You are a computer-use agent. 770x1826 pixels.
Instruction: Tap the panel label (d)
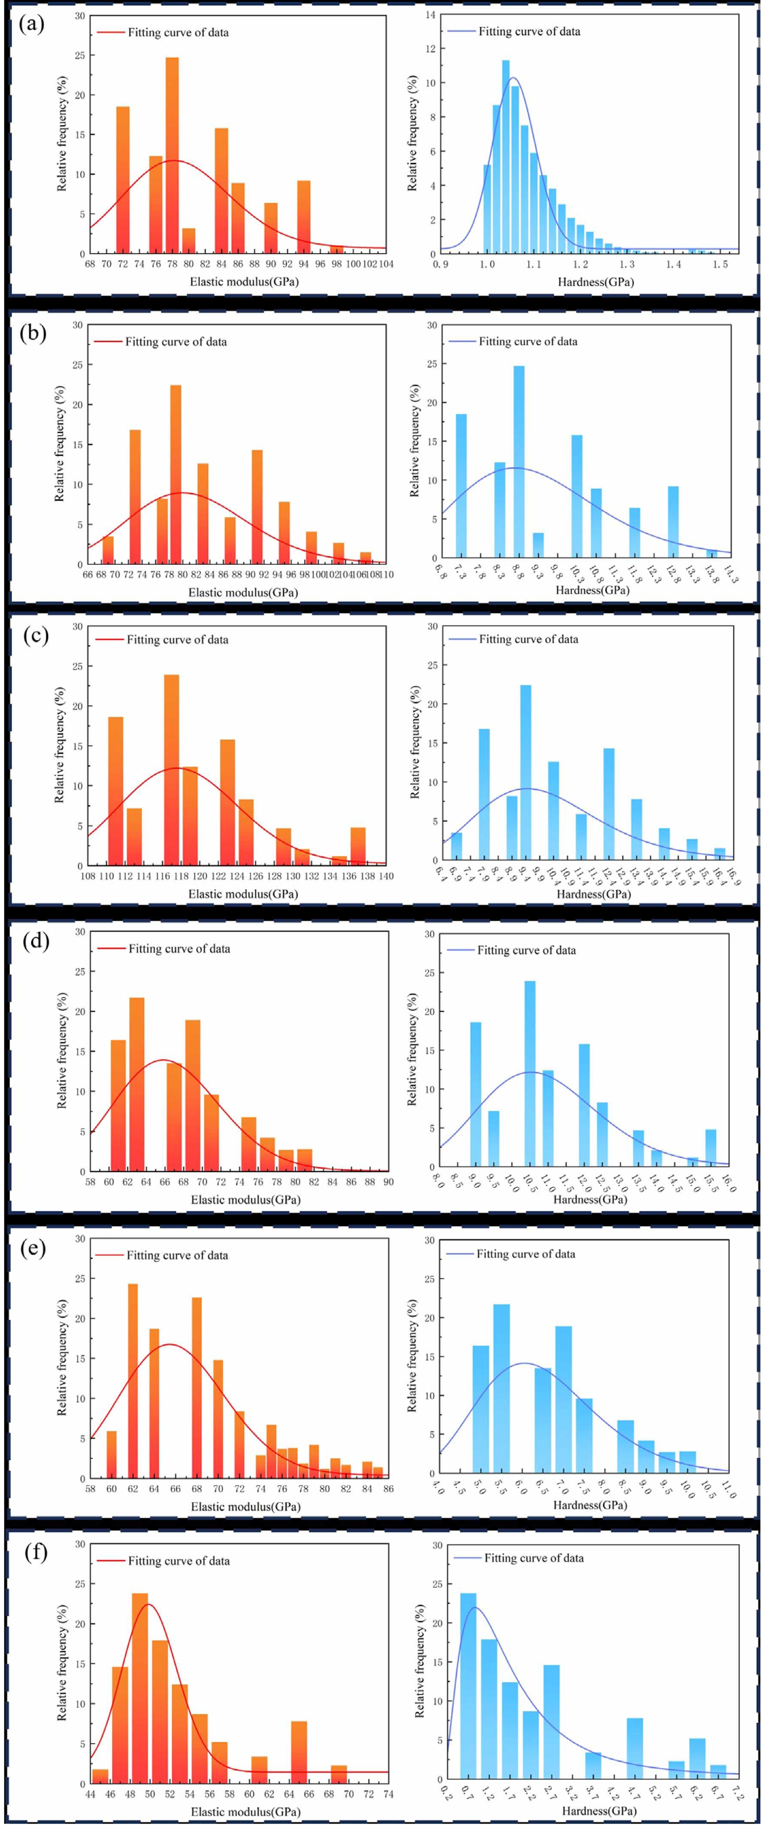click(x=35, y=941)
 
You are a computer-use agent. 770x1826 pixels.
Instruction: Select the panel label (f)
click(x=35, y=1552)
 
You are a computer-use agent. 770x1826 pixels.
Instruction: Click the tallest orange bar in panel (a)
click(x=172, y=156)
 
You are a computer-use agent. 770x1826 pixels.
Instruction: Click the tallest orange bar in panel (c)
click(x=172, y=769)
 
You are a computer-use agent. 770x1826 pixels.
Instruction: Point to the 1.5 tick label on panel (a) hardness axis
click(x=720, y=264)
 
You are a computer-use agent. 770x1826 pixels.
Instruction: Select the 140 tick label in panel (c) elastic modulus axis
click(x=385, y=876)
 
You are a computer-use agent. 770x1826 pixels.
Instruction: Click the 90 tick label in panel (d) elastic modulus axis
click(x=388, y=1182)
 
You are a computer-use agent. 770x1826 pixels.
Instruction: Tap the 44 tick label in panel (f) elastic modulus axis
click(x=90, y=1794)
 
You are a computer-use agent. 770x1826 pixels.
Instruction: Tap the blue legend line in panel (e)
click(x=459, y=1254)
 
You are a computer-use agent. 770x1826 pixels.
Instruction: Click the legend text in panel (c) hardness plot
click(x=528, y=639)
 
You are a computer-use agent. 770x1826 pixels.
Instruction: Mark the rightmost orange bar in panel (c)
click(x=358, y=846)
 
